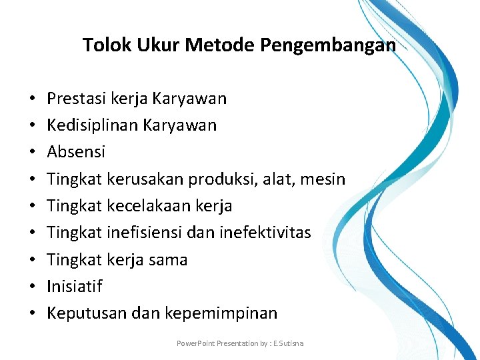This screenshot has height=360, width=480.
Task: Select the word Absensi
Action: (x=76, y=152)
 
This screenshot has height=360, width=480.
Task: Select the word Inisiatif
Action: (x=75, y=287)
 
